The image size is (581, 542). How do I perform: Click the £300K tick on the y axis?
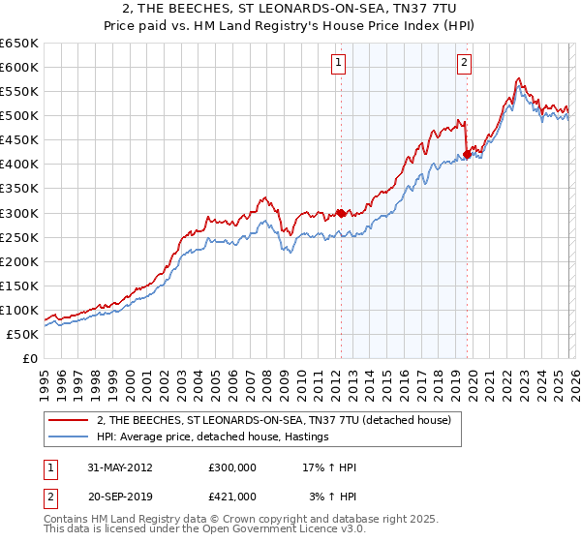click(19, 213)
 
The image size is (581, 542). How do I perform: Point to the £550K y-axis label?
click(19, 92)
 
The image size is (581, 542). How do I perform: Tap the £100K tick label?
click(19, 310)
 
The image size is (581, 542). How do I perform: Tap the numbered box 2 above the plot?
click(465, 64)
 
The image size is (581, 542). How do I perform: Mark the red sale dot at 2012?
click(341, 213)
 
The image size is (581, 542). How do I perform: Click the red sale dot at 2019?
click(467, 154)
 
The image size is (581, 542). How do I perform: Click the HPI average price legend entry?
click(213, 437)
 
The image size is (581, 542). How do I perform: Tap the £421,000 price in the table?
click(232, 496)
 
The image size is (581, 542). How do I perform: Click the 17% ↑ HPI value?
click(329, 467)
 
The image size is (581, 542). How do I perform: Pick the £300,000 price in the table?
click(232, 467)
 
